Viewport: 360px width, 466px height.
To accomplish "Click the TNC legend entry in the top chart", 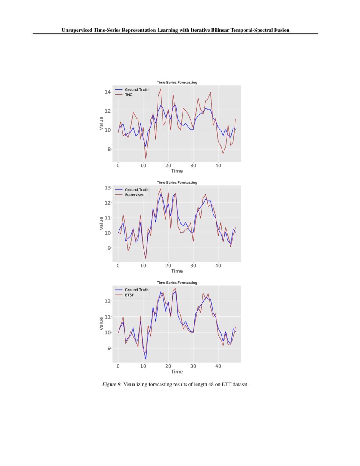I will coord(128,95).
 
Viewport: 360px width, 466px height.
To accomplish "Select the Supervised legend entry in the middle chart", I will coord(134,195).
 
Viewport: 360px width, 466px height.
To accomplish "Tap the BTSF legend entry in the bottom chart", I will coord(129,295).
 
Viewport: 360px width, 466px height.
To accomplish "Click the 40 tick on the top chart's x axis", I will coord(218,165).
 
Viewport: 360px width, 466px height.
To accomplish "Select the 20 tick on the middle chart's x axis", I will coord(168,265).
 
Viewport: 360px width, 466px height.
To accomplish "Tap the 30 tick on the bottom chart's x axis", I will coord(193,366).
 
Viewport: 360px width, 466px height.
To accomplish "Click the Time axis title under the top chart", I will coord(177,171).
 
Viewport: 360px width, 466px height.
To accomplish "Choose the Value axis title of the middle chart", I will coord(101,223).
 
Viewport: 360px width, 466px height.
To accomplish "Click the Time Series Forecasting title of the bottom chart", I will coord(177,283).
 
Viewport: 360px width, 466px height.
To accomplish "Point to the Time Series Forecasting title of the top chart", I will coord(177,82).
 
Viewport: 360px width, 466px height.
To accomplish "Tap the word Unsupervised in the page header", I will coord(78,30).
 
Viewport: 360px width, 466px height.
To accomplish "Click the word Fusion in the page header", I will coord(281,30).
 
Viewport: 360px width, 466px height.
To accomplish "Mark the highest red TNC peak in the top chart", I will coord(161,89).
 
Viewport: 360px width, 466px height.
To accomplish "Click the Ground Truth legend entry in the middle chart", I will coord(136,190).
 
